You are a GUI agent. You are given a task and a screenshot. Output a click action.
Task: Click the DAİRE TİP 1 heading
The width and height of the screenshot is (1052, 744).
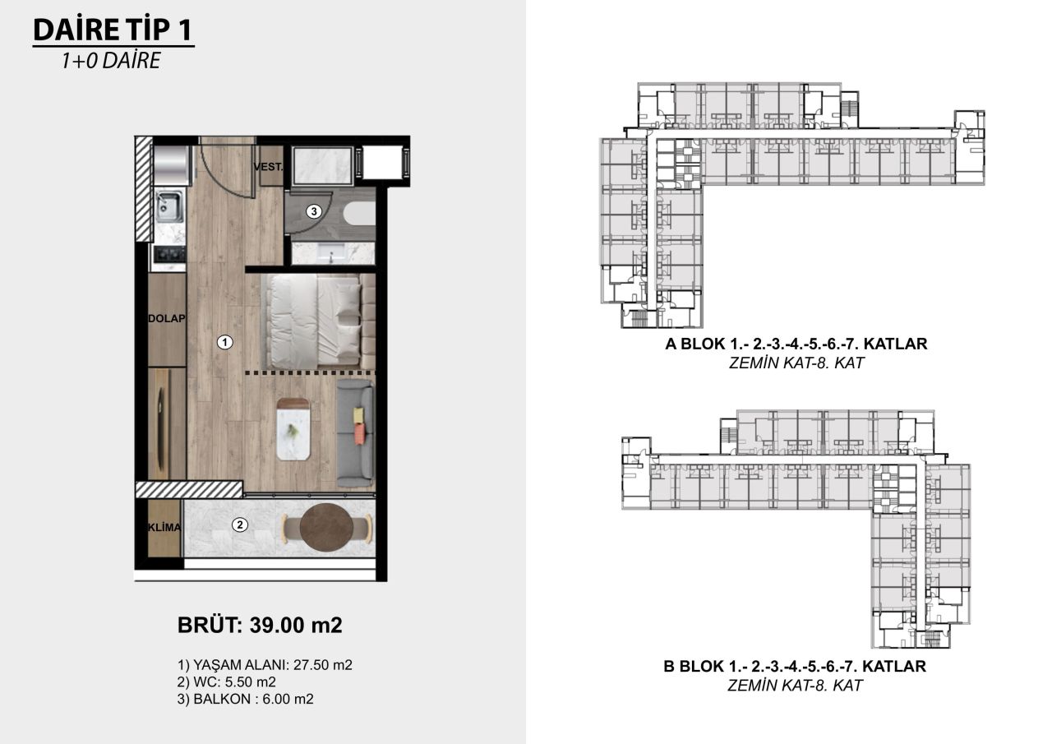(x=113, y=30)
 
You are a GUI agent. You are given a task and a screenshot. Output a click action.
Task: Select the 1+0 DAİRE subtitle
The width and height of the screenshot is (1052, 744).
(x=110, y=62)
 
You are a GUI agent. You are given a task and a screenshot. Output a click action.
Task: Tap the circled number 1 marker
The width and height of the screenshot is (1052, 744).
(x=224, y=343)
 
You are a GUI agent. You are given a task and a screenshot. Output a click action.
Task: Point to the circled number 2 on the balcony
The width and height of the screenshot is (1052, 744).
(x=239, y=524)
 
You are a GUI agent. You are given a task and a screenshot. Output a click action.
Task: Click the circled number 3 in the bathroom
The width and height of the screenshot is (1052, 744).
(x=313, y=211)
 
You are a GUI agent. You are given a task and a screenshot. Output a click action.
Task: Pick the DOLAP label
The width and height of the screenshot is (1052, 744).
(x=167, y=319)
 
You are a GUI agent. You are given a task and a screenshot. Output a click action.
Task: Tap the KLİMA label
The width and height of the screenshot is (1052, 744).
(x=165, y=527)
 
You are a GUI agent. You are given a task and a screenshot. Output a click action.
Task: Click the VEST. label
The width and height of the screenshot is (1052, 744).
(x=269, y=167)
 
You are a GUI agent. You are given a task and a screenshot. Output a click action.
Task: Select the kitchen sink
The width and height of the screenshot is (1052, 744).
(x=169, y=206)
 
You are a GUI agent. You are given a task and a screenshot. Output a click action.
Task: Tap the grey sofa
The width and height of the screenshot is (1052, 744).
(x=355, y=434)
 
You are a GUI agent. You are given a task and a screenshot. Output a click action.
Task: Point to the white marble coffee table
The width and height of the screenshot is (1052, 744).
(x=293, y=428)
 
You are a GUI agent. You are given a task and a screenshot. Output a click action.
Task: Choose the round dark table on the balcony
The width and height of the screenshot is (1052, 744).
(x=325, y=527)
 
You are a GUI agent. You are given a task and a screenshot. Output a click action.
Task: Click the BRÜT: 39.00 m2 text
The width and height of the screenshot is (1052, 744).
(x=260, y=625)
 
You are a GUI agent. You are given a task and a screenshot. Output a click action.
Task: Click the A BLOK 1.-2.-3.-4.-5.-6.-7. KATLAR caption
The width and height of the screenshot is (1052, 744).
(x=796, y=344)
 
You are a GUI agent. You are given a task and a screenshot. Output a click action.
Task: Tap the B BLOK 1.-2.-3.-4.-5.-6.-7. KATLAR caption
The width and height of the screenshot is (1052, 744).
(x=795, y=667)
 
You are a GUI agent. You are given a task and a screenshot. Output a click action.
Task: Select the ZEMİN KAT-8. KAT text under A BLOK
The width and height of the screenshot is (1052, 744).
(x=796, y=363)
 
